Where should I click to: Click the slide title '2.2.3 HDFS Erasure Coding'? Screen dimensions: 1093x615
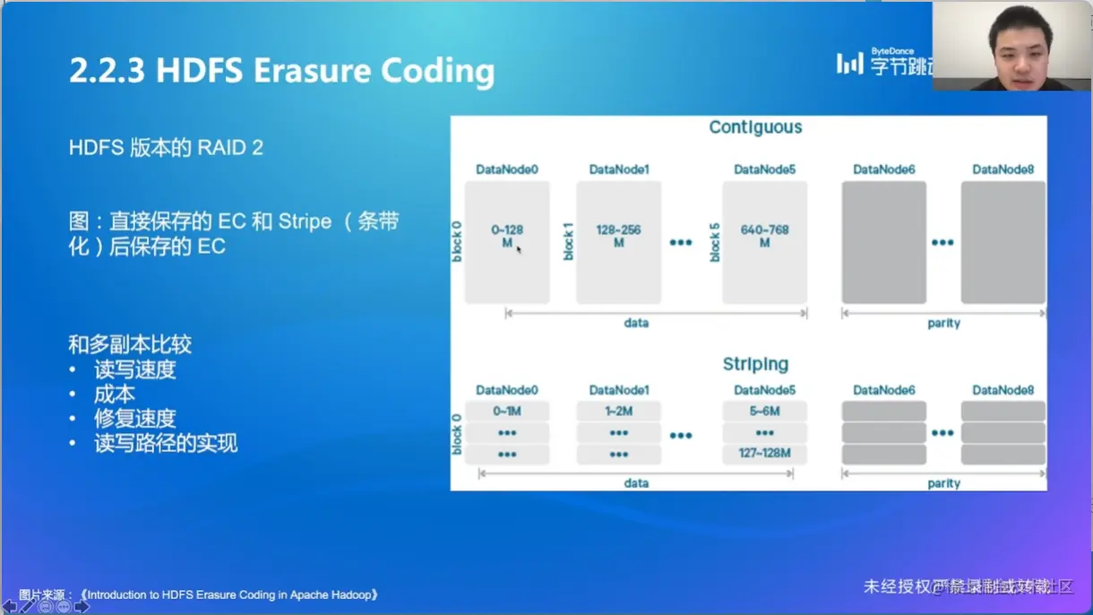[281, 71]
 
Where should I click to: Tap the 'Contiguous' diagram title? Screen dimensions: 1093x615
[755, 127]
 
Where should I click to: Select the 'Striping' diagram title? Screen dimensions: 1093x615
[755, 364]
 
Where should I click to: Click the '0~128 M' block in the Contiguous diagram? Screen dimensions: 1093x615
[507, 242]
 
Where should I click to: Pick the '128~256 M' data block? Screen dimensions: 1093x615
[618, 242]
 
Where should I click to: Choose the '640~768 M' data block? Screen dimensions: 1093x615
[764, 242]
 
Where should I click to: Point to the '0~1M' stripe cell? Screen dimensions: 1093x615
[507, 411]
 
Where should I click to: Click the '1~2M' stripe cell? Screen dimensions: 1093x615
[618, 411]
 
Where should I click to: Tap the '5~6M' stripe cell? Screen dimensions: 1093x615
[764, 411]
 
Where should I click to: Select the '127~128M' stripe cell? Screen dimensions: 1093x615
[764, 454]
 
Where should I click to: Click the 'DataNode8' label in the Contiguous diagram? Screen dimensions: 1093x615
[1003, 169]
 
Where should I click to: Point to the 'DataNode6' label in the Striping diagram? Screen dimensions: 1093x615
[883, 390]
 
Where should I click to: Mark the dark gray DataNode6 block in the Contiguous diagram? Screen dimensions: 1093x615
[883, 242]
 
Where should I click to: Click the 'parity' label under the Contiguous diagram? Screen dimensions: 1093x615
[943, 323]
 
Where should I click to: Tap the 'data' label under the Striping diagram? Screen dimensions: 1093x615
[636, 483]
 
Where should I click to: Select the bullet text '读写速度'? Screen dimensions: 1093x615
[134, 369]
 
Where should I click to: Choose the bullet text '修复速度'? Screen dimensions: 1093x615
[134, 419]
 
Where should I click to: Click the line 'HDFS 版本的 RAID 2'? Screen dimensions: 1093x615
[166, 148]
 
